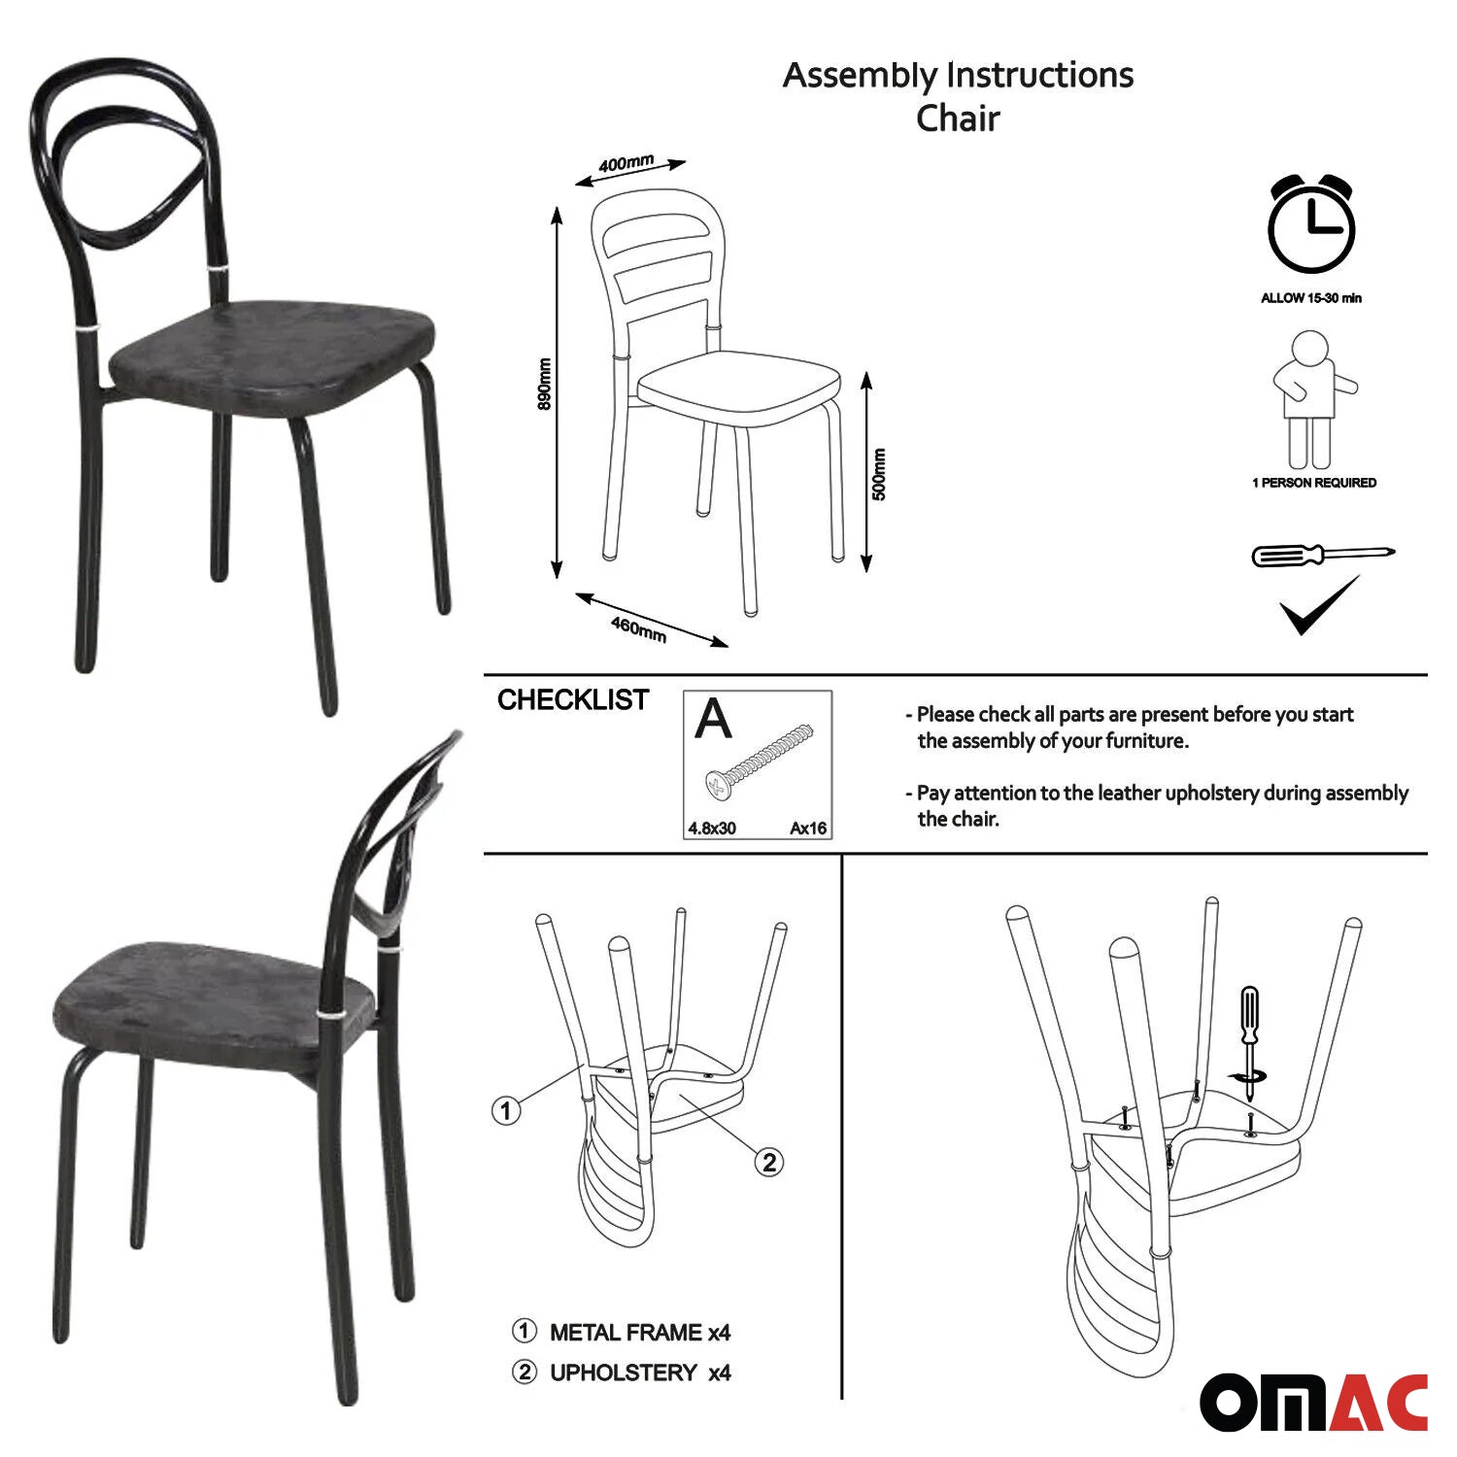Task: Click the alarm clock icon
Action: [x=1310, y=224]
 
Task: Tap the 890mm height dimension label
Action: [x=545, y=385]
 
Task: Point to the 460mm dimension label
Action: [x=638, y=628]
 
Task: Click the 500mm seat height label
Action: [x=879, y=474]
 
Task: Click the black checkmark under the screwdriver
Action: [x=1319, y=605]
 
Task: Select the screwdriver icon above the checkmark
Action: [x=1323, y=556]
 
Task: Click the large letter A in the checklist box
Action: [x=714, y=719]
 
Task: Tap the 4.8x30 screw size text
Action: [x=712, y=829]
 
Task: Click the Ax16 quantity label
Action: [x=808, y=829]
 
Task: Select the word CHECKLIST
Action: [x=573, y=700]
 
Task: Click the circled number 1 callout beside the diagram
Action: [x=505, y=1110]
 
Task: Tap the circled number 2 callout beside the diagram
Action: [x=769, y=1162]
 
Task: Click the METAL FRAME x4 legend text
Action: [x=640, y=1332]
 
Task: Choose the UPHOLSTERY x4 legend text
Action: [x=640, y=1372]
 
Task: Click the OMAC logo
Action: [x=1314, y=1403]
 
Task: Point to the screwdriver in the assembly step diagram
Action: [x=1249, y=1044]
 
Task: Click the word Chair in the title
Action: [x=958, y=119]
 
